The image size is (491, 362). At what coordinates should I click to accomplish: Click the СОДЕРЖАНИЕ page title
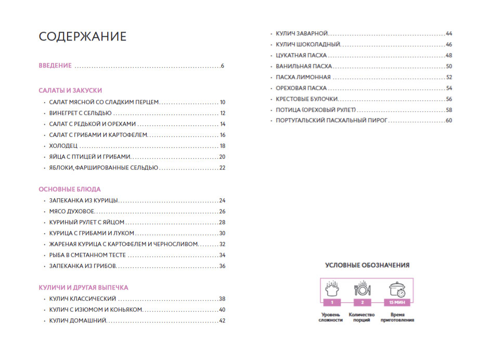[83, 37]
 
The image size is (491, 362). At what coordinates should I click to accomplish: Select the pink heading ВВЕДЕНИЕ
[55, 66]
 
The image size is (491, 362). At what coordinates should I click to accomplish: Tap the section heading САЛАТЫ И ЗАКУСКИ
[70, 90]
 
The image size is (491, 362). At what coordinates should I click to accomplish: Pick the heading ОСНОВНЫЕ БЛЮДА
[70, 189]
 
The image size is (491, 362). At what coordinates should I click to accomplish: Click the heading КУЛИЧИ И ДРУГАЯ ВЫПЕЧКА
[83, 287]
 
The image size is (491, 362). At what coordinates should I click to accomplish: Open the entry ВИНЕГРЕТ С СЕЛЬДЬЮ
[80, 113]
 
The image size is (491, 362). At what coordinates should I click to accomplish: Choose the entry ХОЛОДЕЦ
[64, 146]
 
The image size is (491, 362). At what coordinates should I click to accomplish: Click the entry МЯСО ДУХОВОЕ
[71, 211]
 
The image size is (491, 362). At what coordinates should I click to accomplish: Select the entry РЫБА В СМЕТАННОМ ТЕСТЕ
[87, 255]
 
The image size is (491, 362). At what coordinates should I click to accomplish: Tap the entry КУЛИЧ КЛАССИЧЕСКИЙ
[83, 299]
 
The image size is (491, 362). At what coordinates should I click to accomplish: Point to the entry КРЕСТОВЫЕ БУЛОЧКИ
[307, 99]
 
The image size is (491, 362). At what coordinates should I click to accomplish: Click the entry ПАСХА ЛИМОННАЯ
[303, 77]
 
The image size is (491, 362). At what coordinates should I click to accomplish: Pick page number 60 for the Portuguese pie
[449, 121]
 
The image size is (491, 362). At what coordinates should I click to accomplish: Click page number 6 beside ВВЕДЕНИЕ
[222, 66]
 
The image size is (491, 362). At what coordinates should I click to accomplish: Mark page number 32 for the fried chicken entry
[222, 244]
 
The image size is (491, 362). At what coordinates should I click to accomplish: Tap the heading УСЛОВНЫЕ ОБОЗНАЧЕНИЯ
[367, 265]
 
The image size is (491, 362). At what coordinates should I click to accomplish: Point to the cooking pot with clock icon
[397, 289]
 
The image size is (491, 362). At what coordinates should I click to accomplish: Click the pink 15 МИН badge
[397, 302]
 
